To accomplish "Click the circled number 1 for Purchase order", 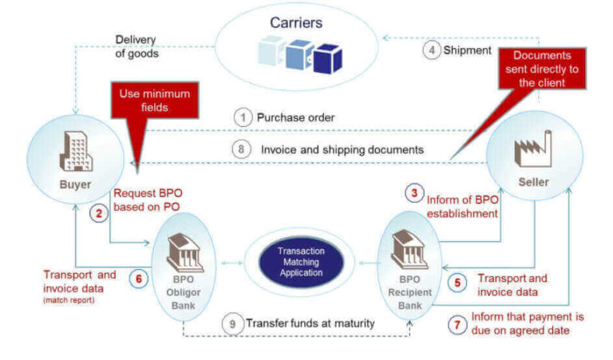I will pos(243,117).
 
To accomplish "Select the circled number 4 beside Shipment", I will pos(432,50).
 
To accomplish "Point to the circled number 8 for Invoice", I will pos(243,148).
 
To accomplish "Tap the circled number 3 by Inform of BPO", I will pos(413,192).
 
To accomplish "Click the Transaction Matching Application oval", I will pos(301,261).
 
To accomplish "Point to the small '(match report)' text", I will pos(69,300).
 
